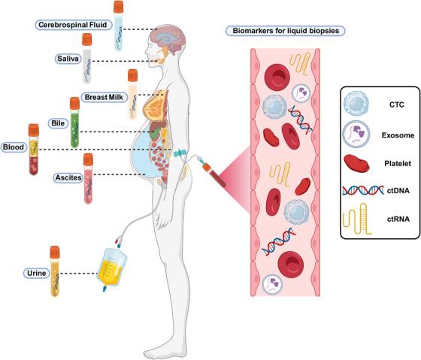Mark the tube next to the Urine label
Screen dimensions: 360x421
pos(55,272)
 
